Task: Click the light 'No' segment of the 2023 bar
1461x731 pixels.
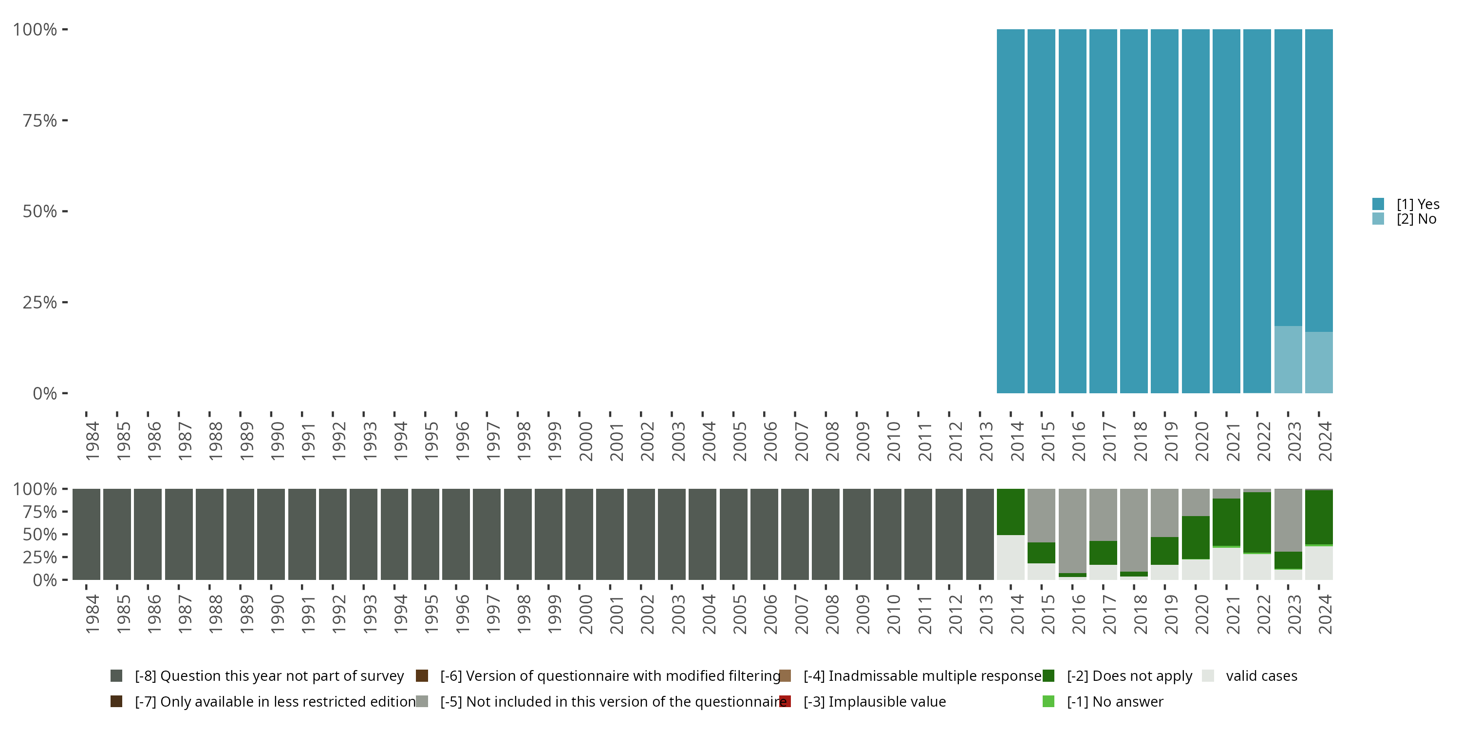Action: (x=1288, y=359)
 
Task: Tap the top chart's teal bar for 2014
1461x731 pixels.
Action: (x=1011, y=211)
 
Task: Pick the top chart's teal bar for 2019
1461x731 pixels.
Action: (x=1164, y=211)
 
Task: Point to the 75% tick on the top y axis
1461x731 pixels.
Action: (x=40, y=120)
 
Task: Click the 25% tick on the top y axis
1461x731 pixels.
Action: (x=40, y=302)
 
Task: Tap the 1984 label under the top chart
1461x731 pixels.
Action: (x=93, y=441)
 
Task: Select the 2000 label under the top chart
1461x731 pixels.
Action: (x=585, y=441)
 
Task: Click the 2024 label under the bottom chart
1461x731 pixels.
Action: (x=1324, y=614)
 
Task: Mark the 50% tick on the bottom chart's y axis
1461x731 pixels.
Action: (x=40, y=534)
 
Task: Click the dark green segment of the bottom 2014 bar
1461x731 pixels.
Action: (x=1011, y=511)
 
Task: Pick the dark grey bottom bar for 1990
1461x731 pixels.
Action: (x=271, y=534)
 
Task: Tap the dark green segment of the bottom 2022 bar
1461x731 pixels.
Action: (x=1257, y=522)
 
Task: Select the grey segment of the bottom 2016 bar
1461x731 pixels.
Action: (x=1072, y=531)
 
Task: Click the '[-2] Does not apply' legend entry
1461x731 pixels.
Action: (x=1129, y=676)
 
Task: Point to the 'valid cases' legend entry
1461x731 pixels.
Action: (x=1261, y=676)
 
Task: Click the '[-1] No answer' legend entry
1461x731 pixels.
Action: (x=1114, y=701)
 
